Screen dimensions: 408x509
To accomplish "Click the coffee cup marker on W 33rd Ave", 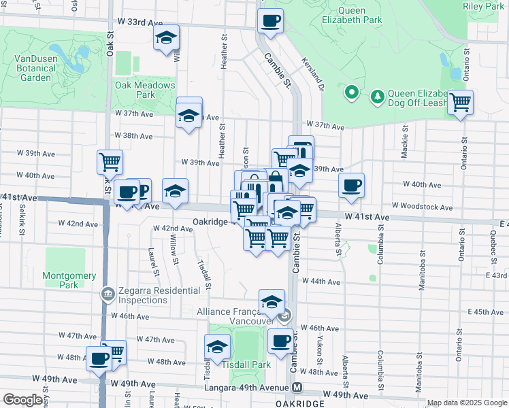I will [x=270, y=20].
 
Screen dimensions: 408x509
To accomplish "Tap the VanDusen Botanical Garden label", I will [x=33, y=68].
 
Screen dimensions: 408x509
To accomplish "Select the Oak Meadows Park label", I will [x=145, y=90].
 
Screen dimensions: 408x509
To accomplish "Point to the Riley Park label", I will [x=482, y=6].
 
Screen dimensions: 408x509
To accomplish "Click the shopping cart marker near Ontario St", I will [x=461, y=102].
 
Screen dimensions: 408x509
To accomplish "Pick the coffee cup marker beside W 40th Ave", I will [x=351, y=185].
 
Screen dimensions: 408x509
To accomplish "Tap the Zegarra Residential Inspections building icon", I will [x=108, y=294].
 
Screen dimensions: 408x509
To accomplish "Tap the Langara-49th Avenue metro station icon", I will [x=297, y=388].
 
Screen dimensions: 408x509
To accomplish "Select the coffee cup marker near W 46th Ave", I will [x=280, y=341].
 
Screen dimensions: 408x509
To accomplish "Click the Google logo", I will [x=22, y=400].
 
